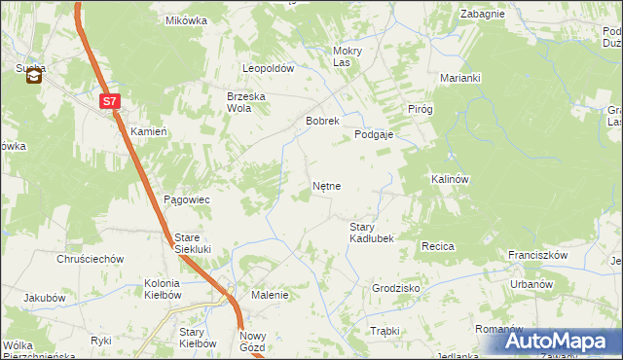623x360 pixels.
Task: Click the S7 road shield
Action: (111, 99)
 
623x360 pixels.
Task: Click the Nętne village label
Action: (326, 184)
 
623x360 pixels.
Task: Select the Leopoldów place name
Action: (269, 69)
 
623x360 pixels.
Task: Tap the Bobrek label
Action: (322, 122)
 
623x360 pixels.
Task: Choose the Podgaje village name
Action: (373, 135)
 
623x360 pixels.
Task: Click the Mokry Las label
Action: (348, 56)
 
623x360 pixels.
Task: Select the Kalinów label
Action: (450, 180)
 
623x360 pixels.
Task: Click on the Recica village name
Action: (438, 247)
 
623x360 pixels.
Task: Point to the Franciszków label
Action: (537, 255)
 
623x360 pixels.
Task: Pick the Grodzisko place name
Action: (395, 289)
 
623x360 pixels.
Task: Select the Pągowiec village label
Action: (187, 199)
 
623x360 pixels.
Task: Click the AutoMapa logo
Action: (561, 342)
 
